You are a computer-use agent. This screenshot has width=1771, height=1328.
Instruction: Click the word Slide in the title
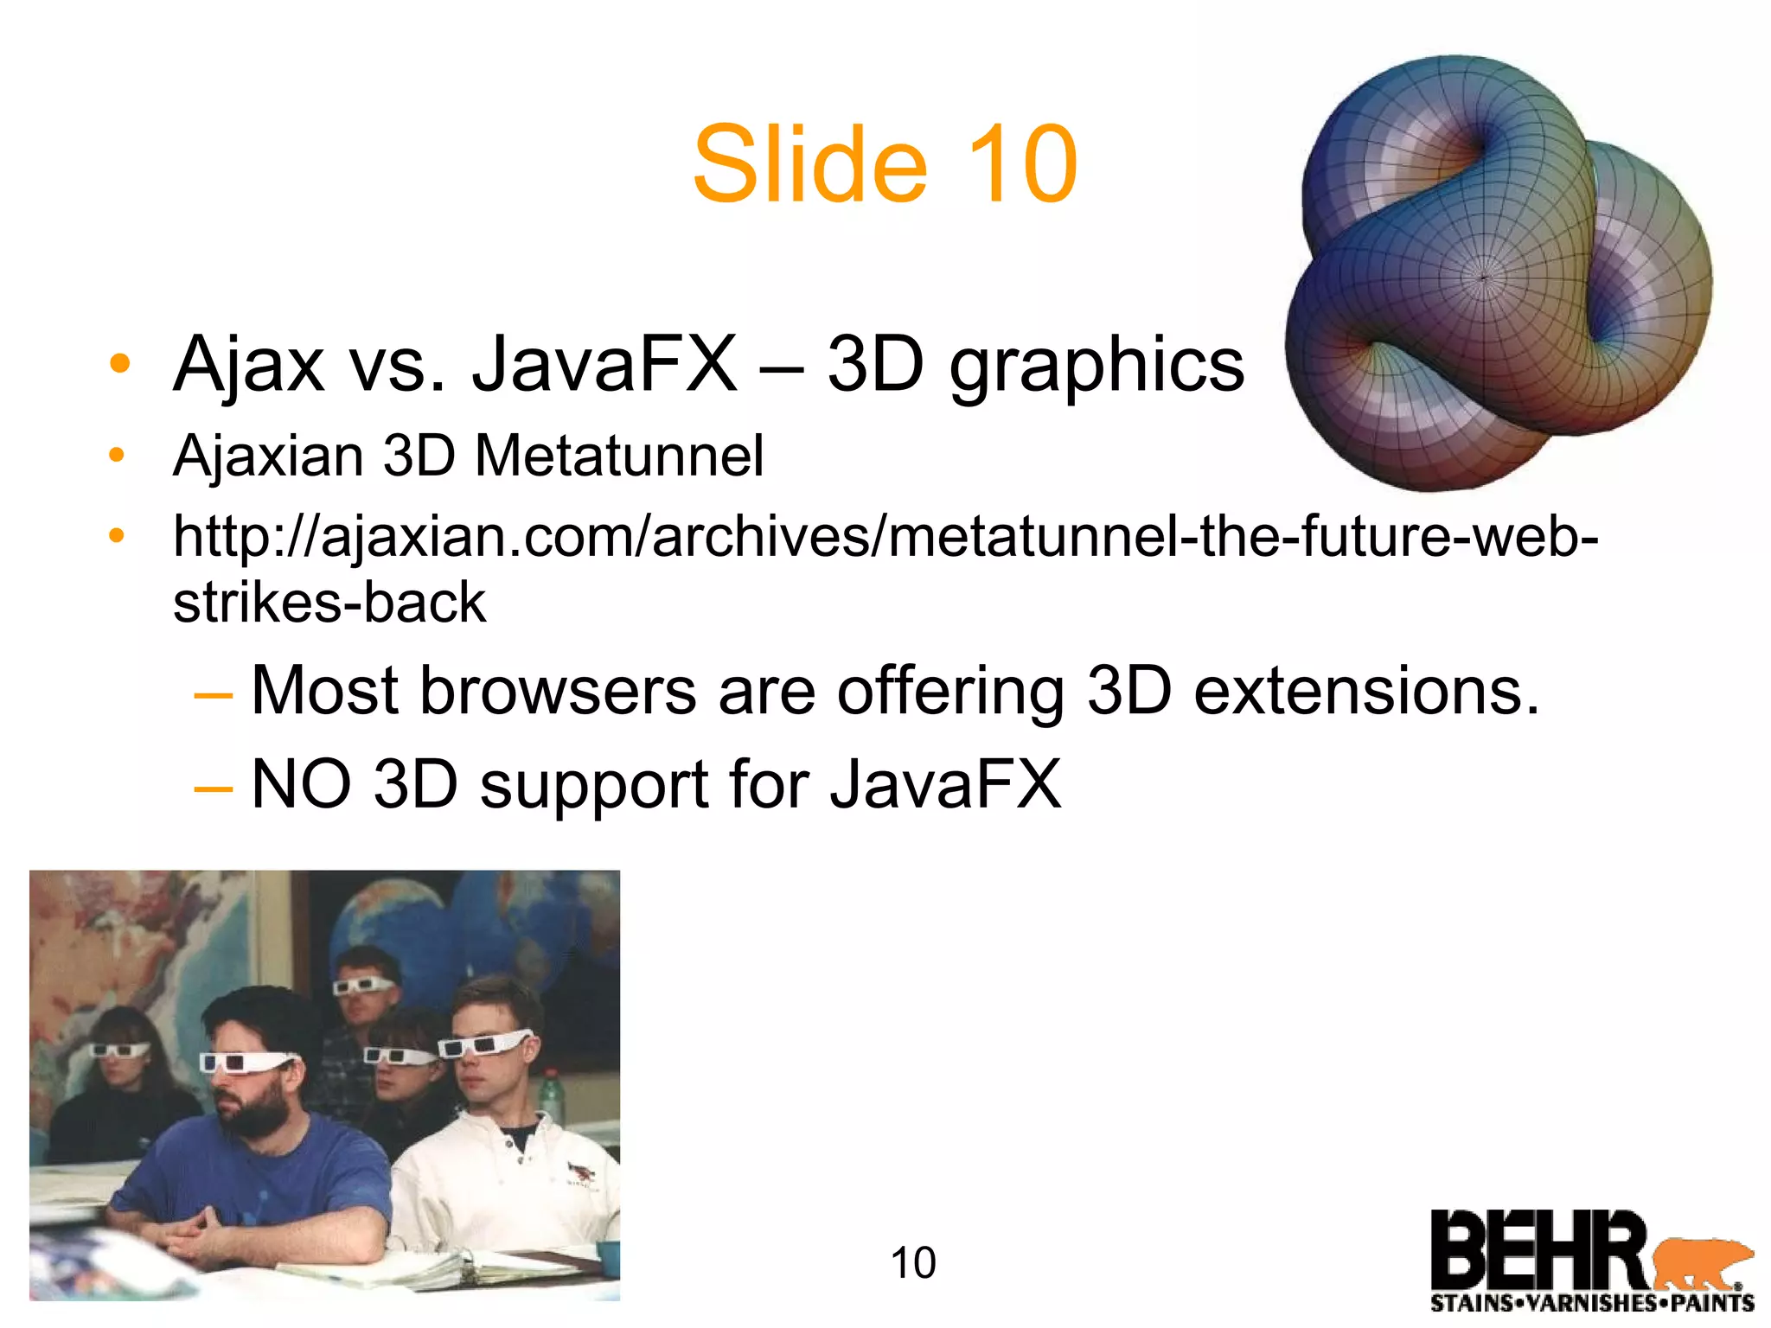(x=809, y=164)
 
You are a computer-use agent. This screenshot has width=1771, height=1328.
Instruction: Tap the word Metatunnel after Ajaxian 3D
(x=619, y=456)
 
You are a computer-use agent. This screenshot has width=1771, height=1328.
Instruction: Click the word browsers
(x=558, y=692)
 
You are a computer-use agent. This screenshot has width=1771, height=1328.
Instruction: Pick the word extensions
(x=1366, y=692)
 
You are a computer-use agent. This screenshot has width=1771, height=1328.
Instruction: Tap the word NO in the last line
(x=301, y=784)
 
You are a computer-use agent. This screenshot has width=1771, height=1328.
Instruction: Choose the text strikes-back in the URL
(x=329, y=602)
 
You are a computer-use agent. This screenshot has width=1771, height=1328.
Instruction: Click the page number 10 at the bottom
(x=913, y=1263)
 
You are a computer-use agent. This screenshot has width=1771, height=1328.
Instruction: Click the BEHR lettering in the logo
(x=1539, y=1250)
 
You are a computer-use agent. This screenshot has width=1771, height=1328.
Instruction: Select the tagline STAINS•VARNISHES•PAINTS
(x=1592, y=1303)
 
